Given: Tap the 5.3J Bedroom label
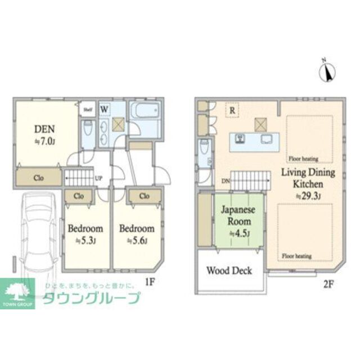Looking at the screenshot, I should [x=85, y=229].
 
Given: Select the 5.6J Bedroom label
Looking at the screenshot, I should [x=137, y=229].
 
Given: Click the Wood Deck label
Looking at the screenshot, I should [x=229, y=271].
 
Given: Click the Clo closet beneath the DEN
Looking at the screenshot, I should [x=38, y=178].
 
